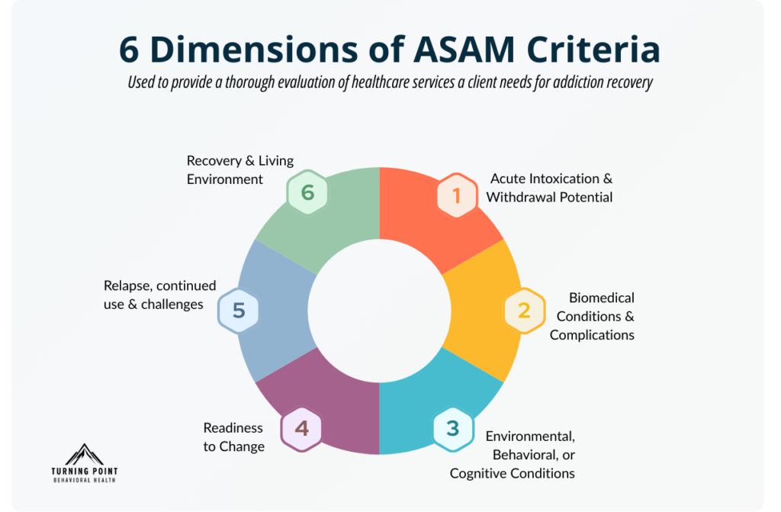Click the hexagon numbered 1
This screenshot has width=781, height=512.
tap(457, 196)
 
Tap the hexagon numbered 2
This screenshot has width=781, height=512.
tap(524, 311)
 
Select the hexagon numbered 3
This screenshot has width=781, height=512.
tap(453, 428)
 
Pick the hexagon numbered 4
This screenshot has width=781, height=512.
tap(301, 428)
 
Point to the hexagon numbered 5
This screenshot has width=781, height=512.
tap(238, 311)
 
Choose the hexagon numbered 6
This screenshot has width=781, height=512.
tap(307, 192)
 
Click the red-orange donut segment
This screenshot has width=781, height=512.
tap(427, 229)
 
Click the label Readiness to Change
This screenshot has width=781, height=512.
tap(233, 437)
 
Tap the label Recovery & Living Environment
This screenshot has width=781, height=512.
tap(240, 170)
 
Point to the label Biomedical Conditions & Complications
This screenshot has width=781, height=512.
tap(592, 316)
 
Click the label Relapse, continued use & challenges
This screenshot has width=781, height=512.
tap(159, 295)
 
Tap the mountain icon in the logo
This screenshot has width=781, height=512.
tap(85, 454)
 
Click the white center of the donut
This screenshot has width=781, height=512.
tap(380, 311)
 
